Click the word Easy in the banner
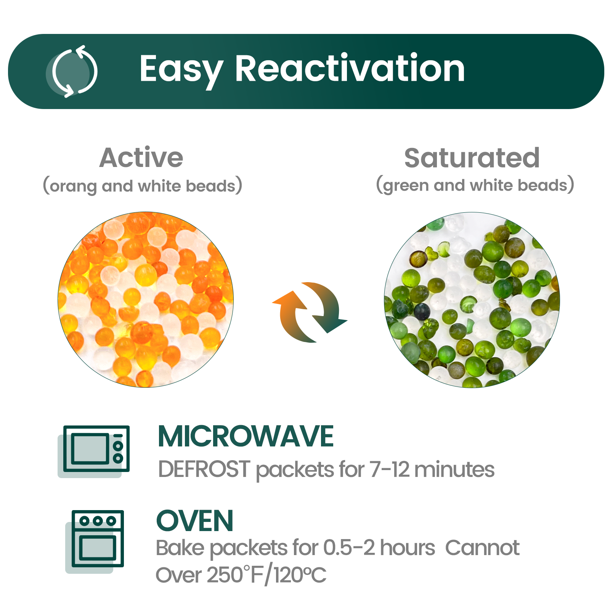tap(181, 69)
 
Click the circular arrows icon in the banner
tap(72, 71)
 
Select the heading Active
tap(141, 157)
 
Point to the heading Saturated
tap(472, 158)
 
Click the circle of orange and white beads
tap(146, 300)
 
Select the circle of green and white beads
tap(472, 300)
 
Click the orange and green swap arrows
tap(310, 312)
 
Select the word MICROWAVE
tap(246, 437)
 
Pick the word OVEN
tap(195, 521)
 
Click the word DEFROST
tap(204, 469)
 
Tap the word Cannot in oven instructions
tap(482, 548)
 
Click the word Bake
tap(180, 548)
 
